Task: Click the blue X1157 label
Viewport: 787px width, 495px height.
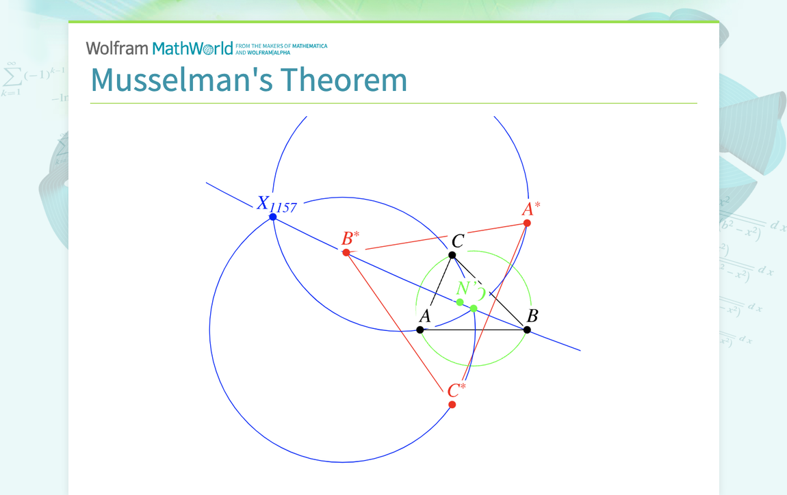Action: coord(276,204)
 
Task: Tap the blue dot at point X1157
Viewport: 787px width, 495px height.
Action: coord(273,217)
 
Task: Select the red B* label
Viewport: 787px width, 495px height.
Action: coord(350,239)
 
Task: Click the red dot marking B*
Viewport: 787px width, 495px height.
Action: coord(346,252)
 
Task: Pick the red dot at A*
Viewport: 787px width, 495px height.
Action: coord(527,223)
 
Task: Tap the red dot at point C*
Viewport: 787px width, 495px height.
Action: coord(452,405)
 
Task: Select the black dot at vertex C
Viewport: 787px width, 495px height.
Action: coord(452,255)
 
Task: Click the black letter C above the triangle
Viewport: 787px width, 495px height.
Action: coord(458,241)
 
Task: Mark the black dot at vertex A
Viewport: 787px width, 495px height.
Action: coord(420,330)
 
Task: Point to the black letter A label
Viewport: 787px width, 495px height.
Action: coord(424,316)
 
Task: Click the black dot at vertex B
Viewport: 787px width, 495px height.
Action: coord(527,330)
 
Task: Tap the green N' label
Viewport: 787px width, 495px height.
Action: coord(467,288)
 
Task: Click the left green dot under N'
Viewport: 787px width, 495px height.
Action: coord(460,302)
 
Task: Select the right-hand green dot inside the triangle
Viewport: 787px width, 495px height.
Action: coord(474,308)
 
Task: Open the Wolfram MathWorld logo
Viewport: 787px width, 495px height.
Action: coord(159,49)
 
